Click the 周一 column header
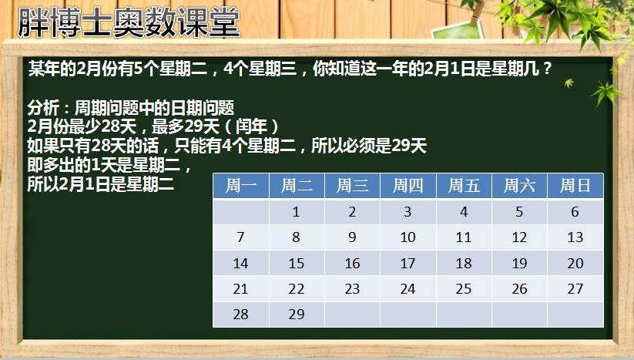point(241,186)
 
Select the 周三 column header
point(352,186)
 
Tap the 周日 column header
point(575,186)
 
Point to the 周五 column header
point(464,186)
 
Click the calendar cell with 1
point(297,211)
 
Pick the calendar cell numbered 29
point(297,315)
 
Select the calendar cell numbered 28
point(241,315)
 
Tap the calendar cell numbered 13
point(575,237)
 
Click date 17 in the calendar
point(408,264)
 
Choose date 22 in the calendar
point(297,289)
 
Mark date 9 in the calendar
point(352,237)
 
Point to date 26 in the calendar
point(519,289)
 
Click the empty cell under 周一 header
point(241,211)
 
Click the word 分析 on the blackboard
point(44,108)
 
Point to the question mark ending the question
point(548,69)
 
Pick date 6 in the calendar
point(575,211)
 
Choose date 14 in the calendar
point(241,264)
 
